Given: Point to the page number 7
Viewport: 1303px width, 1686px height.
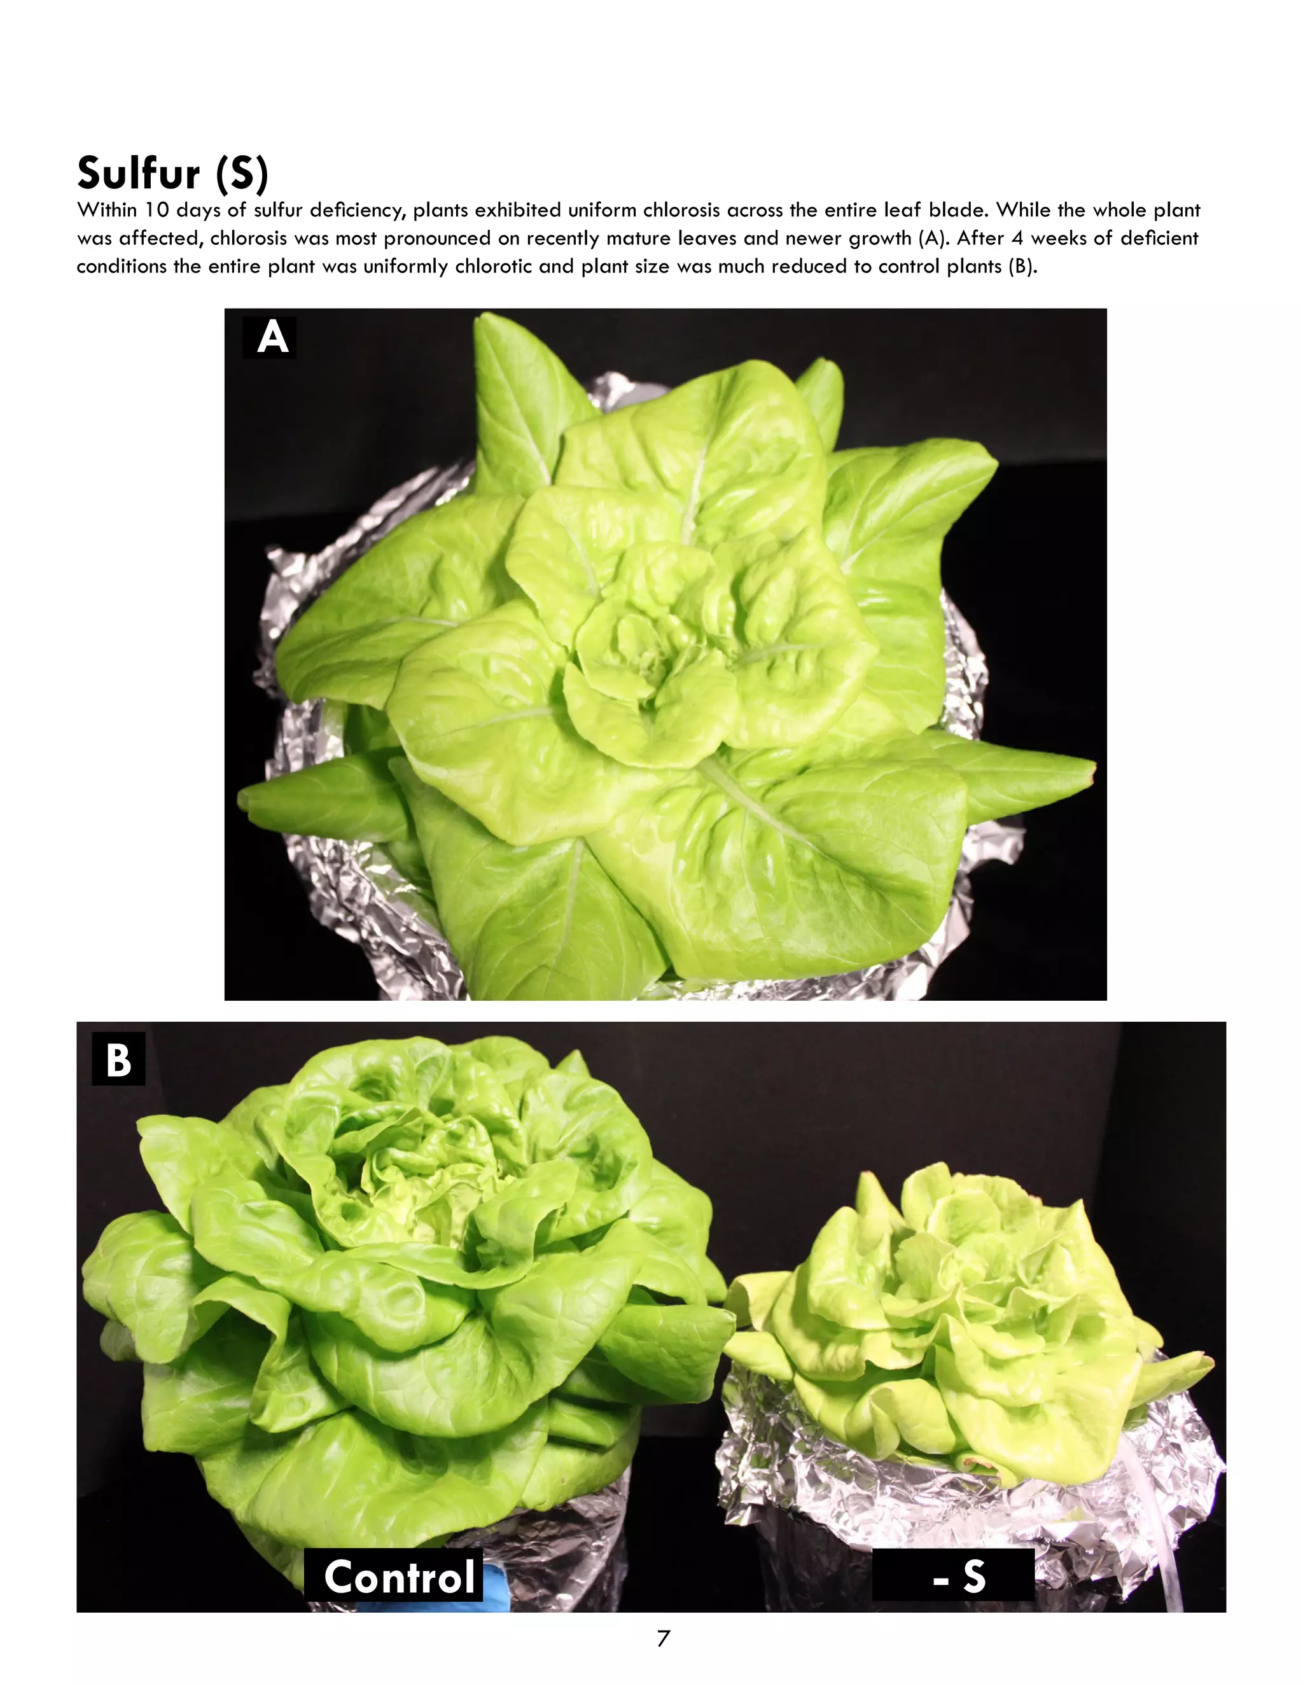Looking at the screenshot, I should (662, 1638).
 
